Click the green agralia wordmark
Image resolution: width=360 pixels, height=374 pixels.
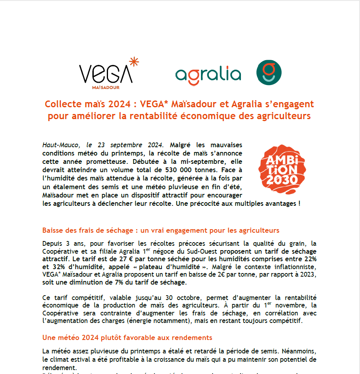[208, 74]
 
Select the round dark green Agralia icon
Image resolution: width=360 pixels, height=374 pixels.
[269, 73]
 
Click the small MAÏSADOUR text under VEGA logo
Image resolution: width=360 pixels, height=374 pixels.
[106, 87]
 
